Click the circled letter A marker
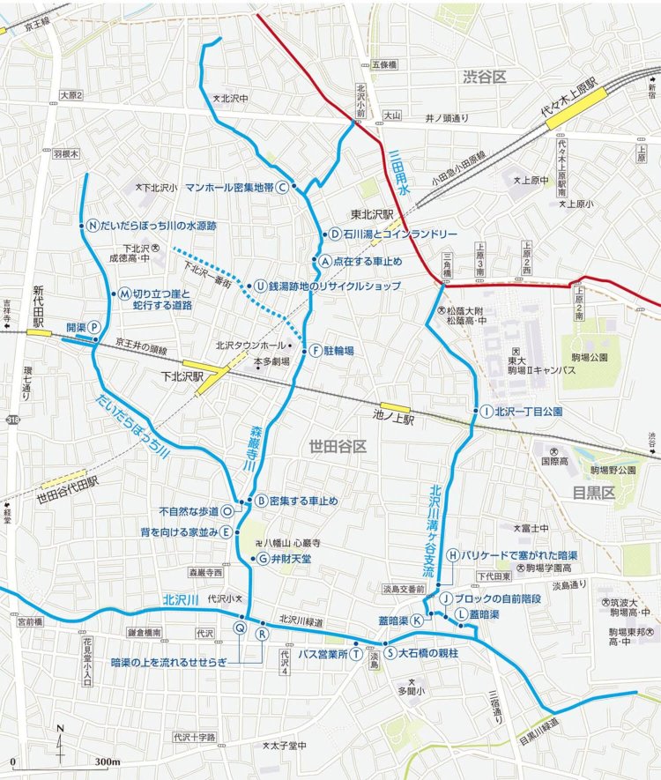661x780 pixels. coord(324,261)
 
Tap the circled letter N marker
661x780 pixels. coord(92,225)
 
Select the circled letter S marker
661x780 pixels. coord(388,653)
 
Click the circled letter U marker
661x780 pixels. coord(261,286)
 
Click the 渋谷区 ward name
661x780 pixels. coord(485,78)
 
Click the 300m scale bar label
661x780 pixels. coord(107,761)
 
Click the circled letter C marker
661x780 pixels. coord(282,187)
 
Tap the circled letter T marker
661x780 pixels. coord(354,654)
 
